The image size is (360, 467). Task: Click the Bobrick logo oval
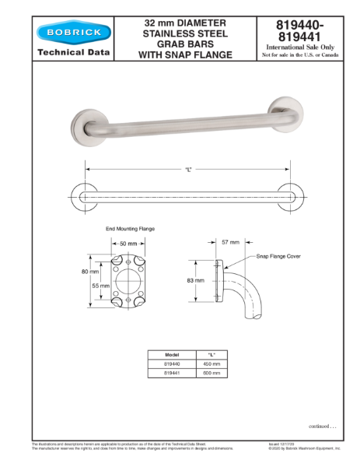(x=73, y=33)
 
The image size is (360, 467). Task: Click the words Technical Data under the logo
(x=74, y=54)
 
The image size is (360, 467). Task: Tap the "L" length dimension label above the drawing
(x=188, y=169)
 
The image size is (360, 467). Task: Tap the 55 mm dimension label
(x=101, y=286)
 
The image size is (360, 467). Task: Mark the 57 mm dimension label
(x=230, y=242)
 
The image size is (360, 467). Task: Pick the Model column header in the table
(x=172, y=354)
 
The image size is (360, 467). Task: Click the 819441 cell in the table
(x=172, y=374)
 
